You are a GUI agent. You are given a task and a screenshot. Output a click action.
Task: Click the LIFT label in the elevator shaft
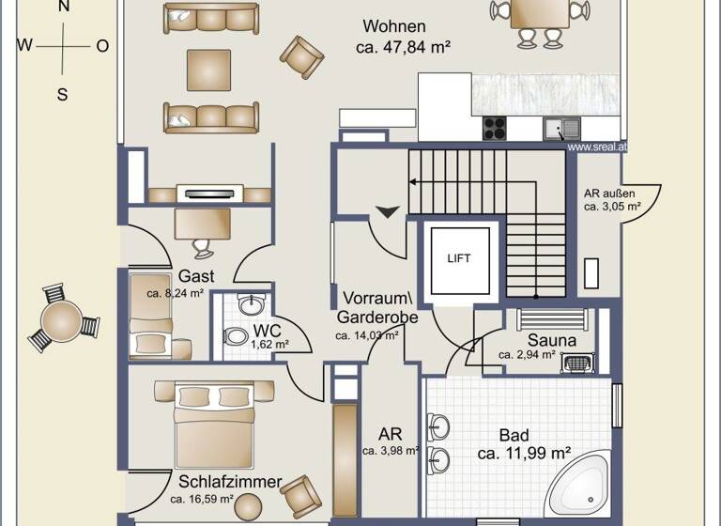pyautogui.click(x=459, y=258)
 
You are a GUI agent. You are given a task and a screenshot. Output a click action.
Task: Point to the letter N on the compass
pyautogui.click(x=63, y=6)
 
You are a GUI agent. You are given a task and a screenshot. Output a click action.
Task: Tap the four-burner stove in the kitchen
pyautogui.click(x=495, y=128)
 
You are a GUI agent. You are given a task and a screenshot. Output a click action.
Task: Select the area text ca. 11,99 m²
pyautogui.click(x=525, y=454)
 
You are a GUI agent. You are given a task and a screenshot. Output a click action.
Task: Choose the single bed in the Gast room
pyautogui.click(x=153, y=315)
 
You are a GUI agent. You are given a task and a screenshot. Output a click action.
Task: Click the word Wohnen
pyautogui.click(x=395, y=27)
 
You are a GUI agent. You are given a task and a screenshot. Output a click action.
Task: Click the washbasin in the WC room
pyautogui.click(x=252, y=304)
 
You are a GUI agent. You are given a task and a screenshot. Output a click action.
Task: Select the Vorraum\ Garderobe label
pyautogui.click(x=377, y=307)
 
